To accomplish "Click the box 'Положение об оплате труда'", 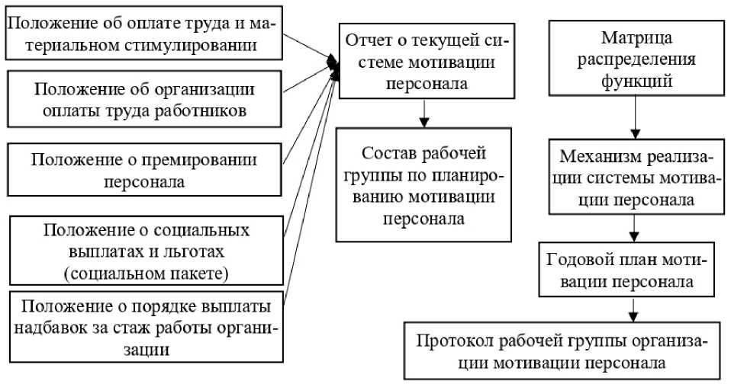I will click(143, 34).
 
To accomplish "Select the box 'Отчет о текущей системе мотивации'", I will click(426, 59).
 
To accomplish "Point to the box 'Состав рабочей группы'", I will click(426, 186).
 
